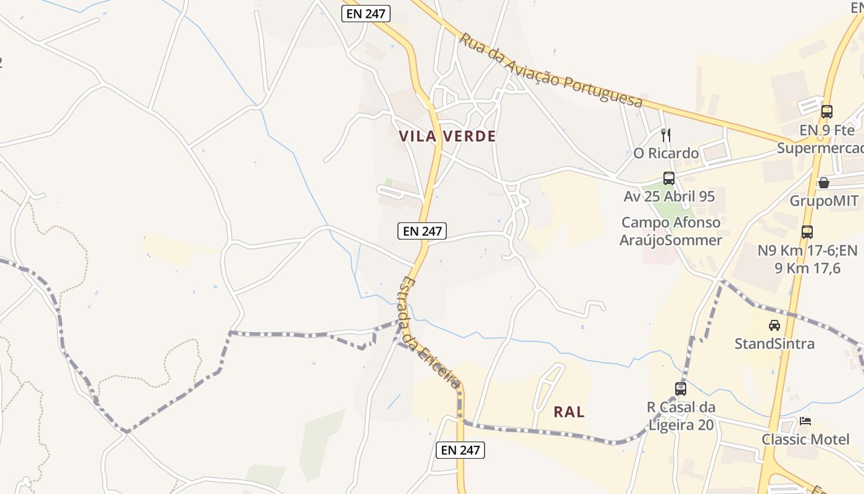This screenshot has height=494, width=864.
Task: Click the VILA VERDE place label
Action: pyautogui.click(x=447, y=136)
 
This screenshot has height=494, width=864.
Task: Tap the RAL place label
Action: pyautogui.click(x=569, y=412)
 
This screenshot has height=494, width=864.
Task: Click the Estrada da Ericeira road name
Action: pyautogui.click(x=430, y=333)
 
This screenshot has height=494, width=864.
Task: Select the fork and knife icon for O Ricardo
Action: pyautogui.click(x=665, y=135)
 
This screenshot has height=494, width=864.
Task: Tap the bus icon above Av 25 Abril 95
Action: pyautogui.click(x=669, y=178)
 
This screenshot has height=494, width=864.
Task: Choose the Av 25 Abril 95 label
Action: pyautogui.click(x=669, y=196)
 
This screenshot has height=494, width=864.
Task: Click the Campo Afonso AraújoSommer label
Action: pyautogui.click(x=670, y=231)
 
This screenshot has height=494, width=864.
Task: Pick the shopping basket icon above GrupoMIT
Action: pyautogui.click(x=823, y=183)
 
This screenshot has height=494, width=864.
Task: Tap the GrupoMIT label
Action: pyautogui.click(x=823, y=201)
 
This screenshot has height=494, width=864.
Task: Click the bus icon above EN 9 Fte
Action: pyautogui.click(x=826, y=112)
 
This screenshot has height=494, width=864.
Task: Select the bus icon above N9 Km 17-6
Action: pyautogui.click(x=807, y=232)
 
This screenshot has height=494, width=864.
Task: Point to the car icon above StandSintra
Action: pyautogui.click(x=774, y=325)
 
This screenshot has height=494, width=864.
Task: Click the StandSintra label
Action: pyautogui.click(x=774, y=343)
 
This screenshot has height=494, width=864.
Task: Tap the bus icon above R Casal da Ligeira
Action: pyautogui.click(x=681, y=389)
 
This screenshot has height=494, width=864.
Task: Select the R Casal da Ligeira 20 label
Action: pyautogui.click(x=681, y=416)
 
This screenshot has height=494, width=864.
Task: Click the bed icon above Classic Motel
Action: pyautogui.click(x=805, y=421)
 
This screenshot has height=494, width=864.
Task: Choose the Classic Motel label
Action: pyautogui.click(x=805, y=439)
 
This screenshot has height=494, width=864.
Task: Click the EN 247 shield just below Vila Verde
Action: pyautogui.click(x=422, y=231)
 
